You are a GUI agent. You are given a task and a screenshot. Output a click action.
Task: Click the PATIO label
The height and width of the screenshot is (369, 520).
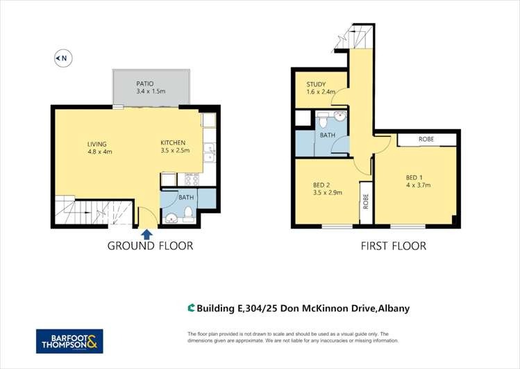[x=145, y=83]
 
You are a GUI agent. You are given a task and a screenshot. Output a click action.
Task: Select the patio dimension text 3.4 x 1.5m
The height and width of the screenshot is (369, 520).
[x=151, y=92]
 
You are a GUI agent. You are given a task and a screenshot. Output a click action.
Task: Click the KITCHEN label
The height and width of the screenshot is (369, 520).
[x=174, y=142]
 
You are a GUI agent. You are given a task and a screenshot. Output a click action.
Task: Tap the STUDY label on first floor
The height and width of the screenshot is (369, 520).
[x=317, y=84]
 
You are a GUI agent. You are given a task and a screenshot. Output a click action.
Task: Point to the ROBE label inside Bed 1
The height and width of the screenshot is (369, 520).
[x=427, y=140]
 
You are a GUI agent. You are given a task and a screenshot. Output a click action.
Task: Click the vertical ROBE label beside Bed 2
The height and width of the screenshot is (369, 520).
[x=365, y=202]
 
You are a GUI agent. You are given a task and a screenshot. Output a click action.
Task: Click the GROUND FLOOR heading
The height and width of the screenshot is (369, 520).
[x=150, y=246]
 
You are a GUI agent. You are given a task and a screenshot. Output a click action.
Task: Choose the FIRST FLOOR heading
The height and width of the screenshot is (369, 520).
[x=393, y=246]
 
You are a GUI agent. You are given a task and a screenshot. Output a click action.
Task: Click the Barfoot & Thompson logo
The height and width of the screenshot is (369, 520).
[x=69, y=341]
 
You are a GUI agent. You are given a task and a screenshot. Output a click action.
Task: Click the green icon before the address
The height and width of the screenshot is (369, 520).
[x=191, y=308]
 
